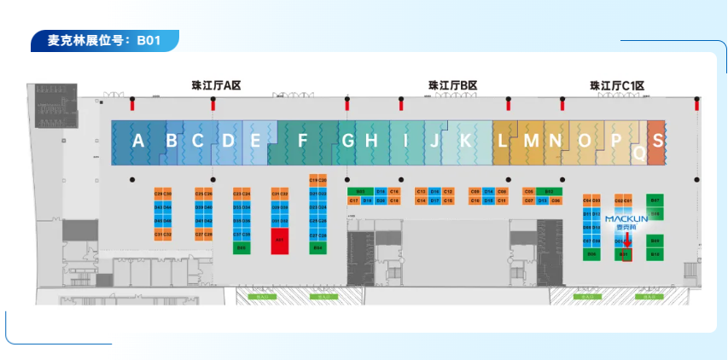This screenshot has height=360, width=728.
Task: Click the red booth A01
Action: (x=280, y=241)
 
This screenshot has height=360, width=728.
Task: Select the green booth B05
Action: (x=242, y=247)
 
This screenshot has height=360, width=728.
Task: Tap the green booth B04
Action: (x=317, y=247)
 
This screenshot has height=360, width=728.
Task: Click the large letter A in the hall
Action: (x=138, y=142)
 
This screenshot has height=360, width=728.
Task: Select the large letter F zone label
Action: (x=302, y=142)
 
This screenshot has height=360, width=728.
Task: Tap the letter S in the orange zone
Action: (x=656, y=141)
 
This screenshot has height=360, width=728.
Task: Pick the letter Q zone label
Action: (x=639, y=154)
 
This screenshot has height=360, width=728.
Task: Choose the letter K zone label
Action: (x=465, y=142)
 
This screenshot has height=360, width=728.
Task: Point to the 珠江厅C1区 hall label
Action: (x=615, y=85)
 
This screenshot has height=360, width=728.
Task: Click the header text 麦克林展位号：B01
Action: (x=102, y=40)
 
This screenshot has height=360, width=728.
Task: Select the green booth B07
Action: (x=655, y=200)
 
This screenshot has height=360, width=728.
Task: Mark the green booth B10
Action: (x=655, y=254)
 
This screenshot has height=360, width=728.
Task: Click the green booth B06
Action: (x=591, y=254)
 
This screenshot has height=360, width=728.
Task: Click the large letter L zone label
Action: (x=503, y=142)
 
